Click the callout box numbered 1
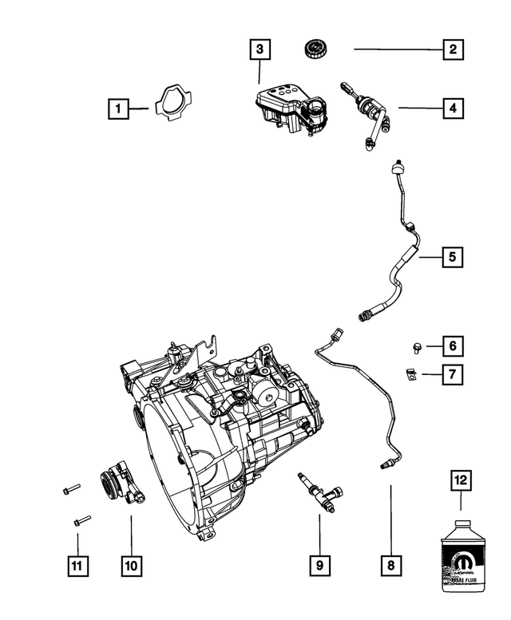[118, 108]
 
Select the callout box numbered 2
[452, 49]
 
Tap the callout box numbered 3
[259, 49]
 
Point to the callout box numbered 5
[452, 257]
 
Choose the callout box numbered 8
[390, 565]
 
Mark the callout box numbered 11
[77, 565]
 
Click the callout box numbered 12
[461, 481]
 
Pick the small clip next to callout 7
[411, 373]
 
